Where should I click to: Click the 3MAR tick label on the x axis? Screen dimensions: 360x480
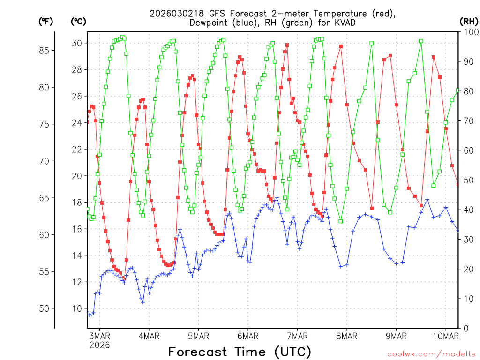point(100,336)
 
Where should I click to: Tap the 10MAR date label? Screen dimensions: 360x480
point(445,336)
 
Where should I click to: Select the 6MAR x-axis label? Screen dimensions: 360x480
point(248,336)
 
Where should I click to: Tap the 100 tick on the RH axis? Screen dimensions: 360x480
point(469,32)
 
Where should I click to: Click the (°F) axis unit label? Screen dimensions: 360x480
point(45,22)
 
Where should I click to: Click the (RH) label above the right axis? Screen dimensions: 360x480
point(469,22)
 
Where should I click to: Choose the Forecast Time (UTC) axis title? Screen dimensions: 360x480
point(240,352)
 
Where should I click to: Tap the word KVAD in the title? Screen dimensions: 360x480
point(344,23)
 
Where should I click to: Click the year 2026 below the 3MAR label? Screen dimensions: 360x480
point(100,345)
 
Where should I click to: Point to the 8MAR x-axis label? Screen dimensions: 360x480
point(347,336)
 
